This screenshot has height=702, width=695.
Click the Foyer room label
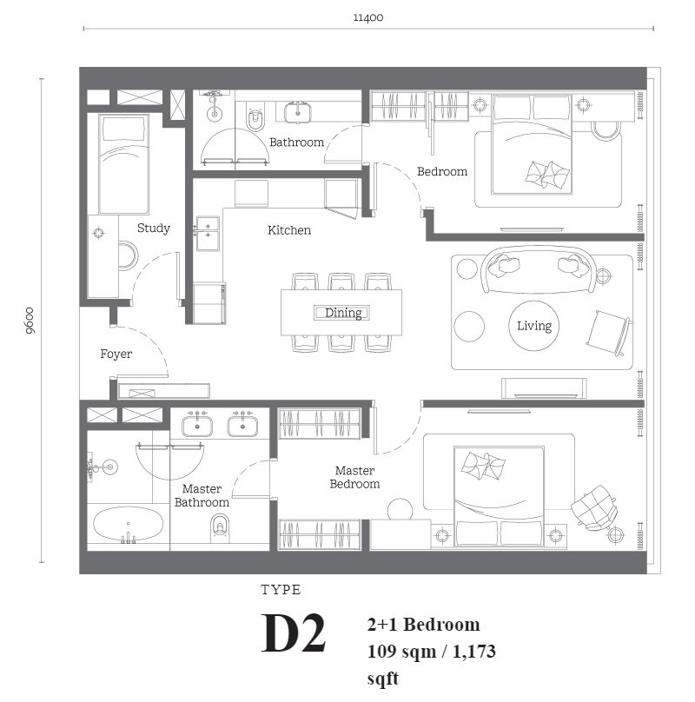[116, 354]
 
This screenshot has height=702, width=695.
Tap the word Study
[154, 228]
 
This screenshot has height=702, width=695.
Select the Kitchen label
[288, 230]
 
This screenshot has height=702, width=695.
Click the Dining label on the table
[343, 313]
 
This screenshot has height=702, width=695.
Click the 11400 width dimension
[368, 17]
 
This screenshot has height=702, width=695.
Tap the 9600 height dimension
[30, 321]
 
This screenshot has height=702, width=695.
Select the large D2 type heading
[294, 632]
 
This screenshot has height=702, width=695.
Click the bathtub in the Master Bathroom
[128, 525]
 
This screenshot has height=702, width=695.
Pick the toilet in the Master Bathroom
[220, 526]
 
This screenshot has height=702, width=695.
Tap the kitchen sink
[208, 233]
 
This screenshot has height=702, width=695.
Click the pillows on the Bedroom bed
[547, 174]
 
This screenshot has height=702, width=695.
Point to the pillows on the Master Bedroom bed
[483, 466]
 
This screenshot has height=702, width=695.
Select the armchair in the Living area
[610, 332]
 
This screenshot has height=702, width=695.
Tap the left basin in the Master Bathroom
[197, 426]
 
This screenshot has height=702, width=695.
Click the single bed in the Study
[123, 164]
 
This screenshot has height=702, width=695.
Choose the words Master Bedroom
[354, 477]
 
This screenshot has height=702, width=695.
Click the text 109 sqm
[401, 652]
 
